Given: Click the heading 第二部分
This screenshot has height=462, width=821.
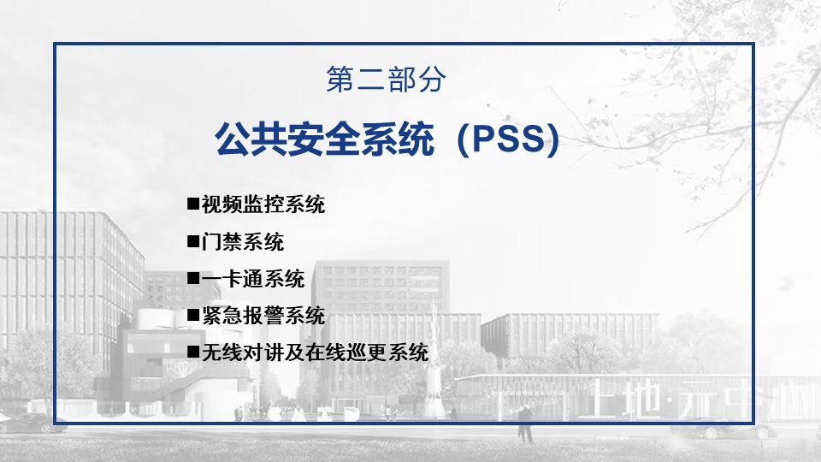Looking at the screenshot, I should click(387, 80).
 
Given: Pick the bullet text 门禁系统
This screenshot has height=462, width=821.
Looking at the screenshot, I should click(243, 242).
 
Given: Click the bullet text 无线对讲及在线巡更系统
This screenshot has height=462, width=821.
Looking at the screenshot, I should click(315, 352).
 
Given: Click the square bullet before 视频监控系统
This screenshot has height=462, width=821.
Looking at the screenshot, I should click(193, 205).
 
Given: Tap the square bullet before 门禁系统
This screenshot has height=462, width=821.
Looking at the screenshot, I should click(193, 242).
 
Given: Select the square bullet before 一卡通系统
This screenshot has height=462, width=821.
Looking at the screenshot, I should click(193, 279).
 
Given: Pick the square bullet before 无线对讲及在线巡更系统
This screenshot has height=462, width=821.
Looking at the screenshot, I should click(193, 352).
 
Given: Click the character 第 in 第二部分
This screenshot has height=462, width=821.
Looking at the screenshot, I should click(341, 80).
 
